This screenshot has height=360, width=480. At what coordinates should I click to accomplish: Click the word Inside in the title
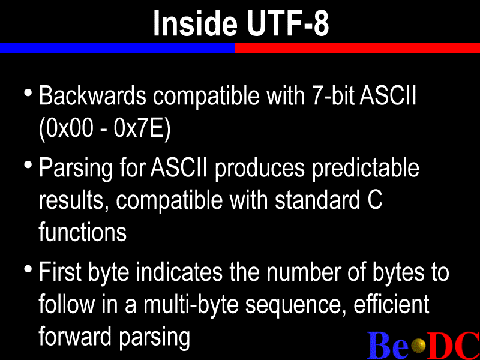coord(196,23)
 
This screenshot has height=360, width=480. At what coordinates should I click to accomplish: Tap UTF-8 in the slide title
coord(288,23)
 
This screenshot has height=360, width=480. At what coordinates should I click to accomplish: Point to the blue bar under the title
coord(117,48)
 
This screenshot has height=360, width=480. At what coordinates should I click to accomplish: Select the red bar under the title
coord(357,48)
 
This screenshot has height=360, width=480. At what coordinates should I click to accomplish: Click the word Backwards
coord(92,96)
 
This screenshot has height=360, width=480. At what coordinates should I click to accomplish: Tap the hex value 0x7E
coord(139,128)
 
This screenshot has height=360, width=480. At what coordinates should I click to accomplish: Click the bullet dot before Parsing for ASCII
coord(28,165)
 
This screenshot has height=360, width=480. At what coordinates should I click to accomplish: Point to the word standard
coord(317,200)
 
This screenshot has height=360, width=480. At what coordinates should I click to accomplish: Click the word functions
coord(83,232)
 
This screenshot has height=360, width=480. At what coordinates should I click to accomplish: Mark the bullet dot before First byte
coord(28,269)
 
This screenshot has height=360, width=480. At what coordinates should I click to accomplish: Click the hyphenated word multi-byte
coord(191,305)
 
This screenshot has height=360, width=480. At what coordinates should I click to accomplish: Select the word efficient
coord(392,304)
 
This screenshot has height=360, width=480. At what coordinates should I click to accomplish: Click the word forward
coord(75,337)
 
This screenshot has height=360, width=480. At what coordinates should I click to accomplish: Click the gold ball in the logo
coord(418,346)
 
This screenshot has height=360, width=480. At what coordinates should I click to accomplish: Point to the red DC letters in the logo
coord(454,345)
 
